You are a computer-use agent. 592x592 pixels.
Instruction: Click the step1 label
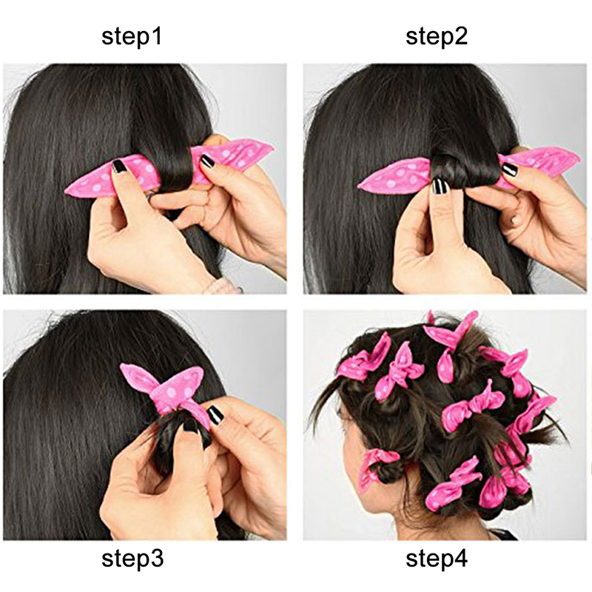pos(132,36)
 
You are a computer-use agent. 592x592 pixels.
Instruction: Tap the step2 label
pos(437,36)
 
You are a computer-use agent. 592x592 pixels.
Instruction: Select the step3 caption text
pos(132,559)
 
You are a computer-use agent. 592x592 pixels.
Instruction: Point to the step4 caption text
pos(437,559)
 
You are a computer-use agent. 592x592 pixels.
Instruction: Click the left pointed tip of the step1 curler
pos(66,191)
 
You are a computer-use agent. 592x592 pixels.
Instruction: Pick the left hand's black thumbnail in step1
pos(119,166)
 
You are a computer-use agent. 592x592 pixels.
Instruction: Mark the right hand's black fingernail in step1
pos(207,161)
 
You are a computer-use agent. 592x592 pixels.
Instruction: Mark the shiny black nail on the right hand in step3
pos(215,414)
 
